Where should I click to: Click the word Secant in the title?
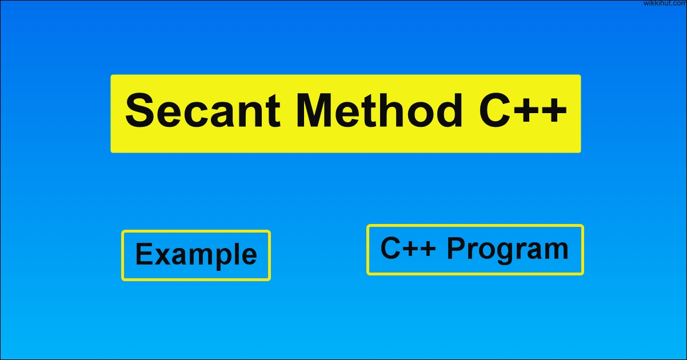[x=203, y=110]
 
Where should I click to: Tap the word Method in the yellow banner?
[x=379, y=110]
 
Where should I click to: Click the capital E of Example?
[x=145, y=254]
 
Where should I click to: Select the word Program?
[x=508, y=250]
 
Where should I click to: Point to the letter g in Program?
[x=507, y=254]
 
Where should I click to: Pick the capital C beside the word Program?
[x=390, y=248]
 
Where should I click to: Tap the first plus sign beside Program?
[x=409, y=249]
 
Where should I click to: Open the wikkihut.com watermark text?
[x=665, y=3]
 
